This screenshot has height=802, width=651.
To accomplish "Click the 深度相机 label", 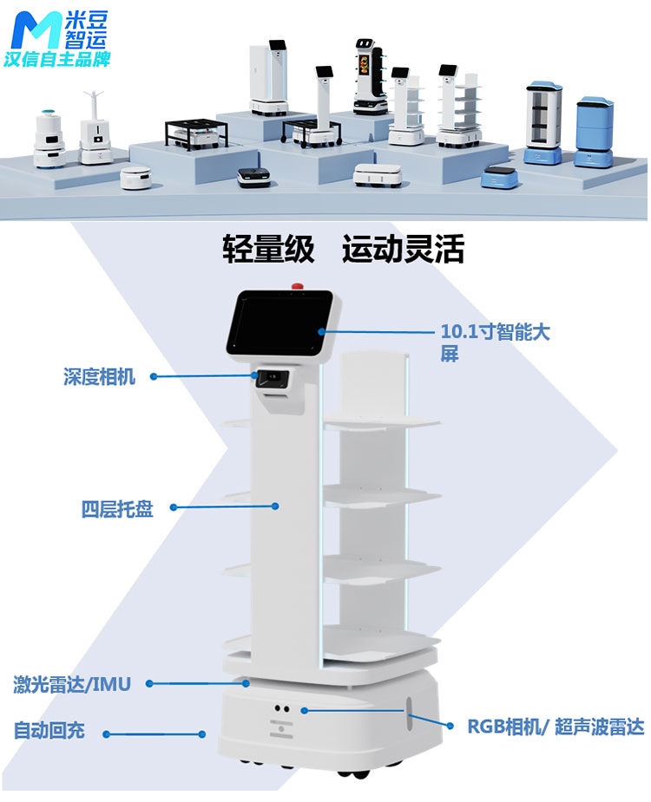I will [x=99, y=377].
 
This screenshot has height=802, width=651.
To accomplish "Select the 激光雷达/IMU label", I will [x=72, y=684].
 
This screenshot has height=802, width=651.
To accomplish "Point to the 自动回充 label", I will [x=49, y=730].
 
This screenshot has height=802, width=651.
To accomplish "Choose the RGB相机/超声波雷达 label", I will [x=556, y=727].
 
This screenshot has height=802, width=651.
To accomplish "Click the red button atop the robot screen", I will [x=299, y=284].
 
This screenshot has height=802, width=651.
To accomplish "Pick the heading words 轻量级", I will [x=266, y=250].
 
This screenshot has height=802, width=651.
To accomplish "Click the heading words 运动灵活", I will [x=403, y=250].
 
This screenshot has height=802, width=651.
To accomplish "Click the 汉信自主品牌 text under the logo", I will [x=56, y=62].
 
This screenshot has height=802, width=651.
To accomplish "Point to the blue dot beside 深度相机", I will [x=155, y=376].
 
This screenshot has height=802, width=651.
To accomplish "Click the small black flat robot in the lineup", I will [x=254, y=176].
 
